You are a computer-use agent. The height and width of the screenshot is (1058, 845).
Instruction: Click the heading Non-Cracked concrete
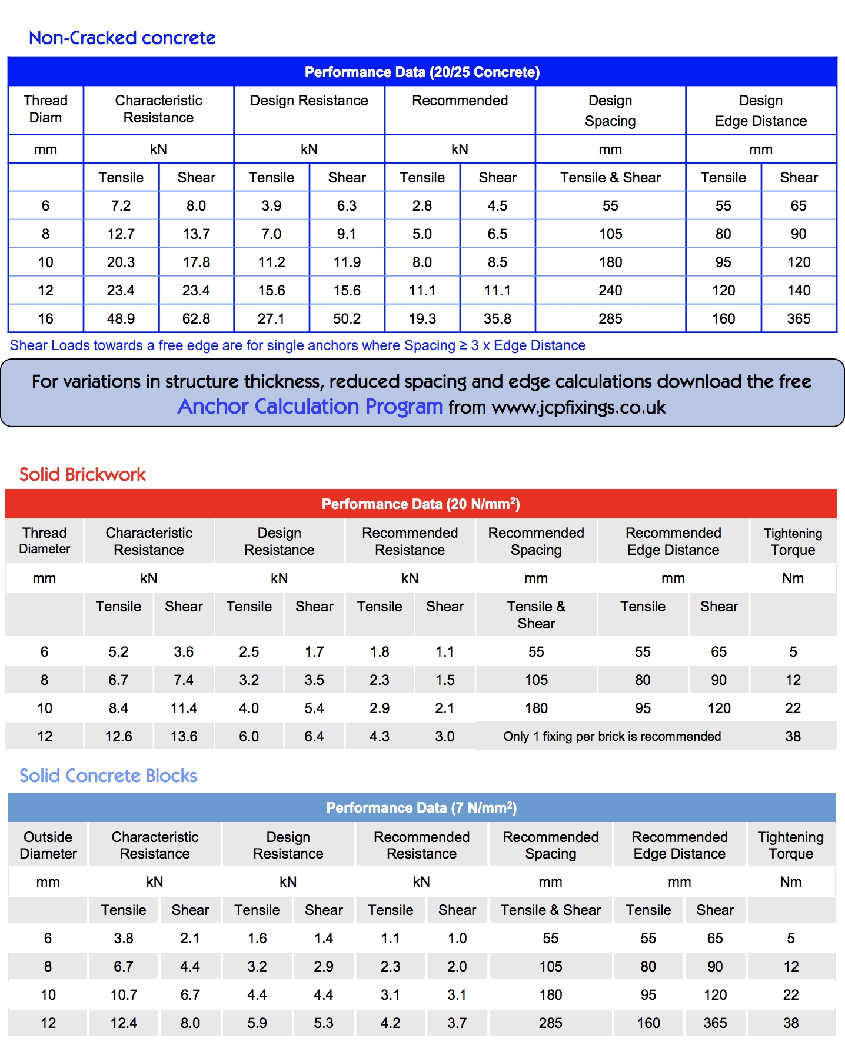tap(122, 38)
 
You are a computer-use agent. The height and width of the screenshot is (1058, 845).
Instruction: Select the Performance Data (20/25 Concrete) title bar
tap(422, 72)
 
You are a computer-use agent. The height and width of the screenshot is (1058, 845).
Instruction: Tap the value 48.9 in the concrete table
tap(121, 319)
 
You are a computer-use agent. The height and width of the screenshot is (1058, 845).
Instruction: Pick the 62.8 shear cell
tap(196, 319)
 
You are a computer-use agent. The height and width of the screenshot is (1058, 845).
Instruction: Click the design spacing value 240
tap(610, 291)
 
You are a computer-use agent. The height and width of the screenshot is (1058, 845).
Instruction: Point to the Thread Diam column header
tap(45, 109)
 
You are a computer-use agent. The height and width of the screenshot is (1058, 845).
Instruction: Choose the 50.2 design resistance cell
tap(347, 319)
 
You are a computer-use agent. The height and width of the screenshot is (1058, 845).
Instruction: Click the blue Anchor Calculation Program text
tap(310, 407)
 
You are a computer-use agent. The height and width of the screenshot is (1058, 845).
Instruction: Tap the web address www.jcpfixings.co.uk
tap(578, 408)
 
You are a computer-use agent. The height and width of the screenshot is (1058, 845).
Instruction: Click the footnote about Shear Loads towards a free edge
tap(297, 345)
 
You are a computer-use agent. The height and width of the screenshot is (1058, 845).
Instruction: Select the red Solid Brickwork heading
tap(82, 474)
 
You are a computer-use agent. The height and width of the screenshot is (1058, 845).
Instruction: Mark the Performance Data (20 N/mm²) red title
tap(421, 504)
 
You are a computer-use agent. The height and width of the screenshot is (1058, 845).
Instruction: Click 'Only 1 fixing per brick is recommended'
tap(612, 737)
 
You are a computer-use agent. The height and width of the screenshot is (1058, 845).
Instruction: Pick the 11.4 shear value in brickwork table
tap(184, 708)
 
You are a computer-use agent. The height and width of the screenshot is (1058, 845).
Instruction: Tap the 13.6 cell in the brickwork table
tap(184, 737)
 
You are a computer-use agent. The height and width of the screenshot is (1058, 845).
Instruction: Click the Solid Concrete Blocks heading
tap(108, 776)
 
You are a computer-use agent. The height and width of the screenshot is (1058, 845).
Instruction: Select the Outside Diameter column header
tap(48, 845)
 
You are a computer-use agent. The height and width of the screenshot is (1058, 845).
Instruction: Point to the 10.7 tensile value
tap(124, 995)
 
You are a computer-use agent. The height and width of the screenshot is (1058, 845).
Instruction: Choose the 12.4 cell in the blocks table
tap(124, 1023)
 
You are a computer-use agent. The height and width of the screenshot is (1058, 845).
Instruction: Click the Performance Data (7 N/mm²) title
tap(421, 808)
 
